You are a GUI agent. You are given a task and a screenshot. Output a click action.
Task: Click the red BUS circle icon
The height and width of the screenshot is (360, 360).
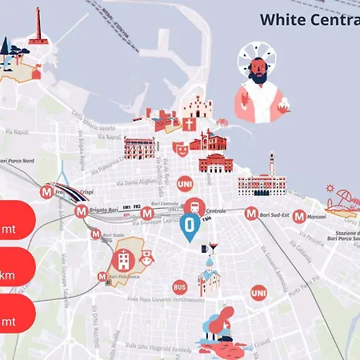point(180,286)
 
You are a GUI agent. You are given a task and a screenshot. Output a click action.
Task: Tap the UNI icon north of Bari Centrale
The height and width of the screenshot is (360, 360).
point(184,183)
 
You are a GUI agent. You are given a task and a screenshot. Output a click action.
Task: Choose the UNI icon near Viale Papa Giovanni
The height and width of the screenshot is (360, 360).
point(258,294)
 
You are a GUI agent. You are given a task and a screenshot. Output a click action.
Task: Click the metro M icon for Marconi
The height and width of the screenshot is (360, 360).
point(298,216)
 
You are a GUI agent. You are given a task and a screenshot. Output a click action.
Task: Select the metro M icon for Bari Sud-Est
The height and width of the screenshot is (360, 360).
point(252,214)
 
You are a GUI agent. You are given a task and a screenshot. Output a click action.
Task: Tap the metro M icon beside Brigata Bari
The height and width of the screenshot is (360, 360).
point(81,212)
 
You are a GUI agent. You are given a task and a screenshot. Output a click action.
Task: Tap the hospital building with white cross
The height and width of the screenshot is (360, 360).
point(124,259)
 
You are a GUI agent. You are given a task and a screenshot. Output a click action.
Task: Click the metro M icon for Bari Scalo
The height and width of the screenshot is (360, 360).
point(96,234)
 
